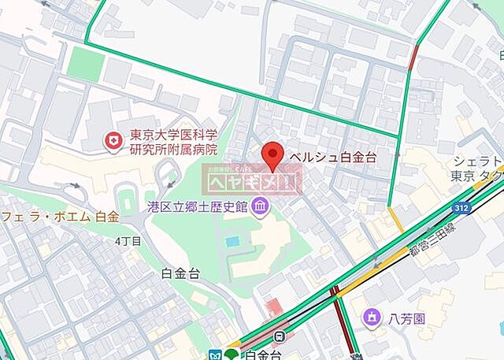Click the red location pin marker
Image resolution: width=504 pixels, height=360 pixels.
pyautogui.click(x=272, y=155)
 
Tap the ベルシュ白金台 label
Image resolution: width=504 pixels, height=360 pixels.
pyautogui.click(x=334, y=156)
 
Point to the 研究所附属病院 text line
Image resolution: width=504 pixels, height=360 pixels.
pyautogui.click(x=173, y=150)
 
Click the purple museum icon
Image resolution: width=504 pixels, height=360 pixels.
pyautogui.click(x=261, y=207)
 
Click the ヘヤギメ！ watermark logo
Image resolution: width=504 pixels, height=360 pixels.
pyautogui.click(x=253, y=181)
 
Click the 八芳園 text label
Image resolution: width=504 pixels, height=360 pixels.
pyautogui.click(x=407, y=318)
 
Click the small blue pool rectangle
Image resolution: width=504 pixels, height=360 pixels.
pyautogui.click(x=232, y=240)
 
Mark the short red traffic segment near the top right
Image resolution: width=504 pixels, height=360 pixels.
pyautogui.click(x=413, y=58)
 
